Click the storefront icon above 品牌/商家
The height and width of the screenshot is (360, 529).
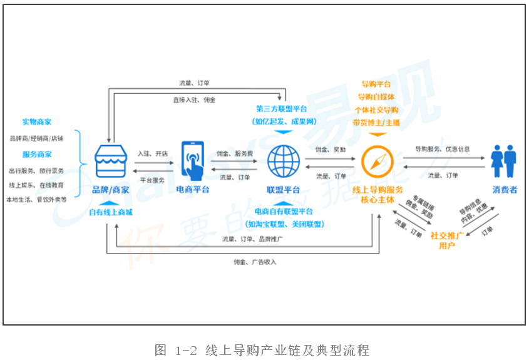(x=111, y=162)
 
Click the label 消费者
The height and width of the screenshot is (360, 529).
(x=505, y=190)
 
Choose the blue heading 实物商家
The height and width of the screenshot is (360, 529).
(x=37, y=121)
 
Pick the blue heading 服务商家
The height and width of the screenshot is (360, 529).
(x=37, y=154)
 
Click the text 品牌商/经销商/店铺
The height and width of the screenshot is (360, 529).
(x=36, y=138)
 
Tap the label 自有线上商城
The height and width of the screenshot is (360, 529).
(x=111, y=212)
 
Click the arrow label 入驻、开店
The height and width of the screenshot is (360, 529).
(x=152, y=153)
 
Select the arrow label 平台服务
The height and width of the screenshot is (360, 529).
(x=152, y=180)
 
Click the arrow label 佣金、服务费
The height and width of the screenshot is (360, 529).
(x=235, y=153)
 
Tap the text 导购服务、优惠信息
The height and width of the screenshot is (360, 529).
(x=443, y=149)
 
